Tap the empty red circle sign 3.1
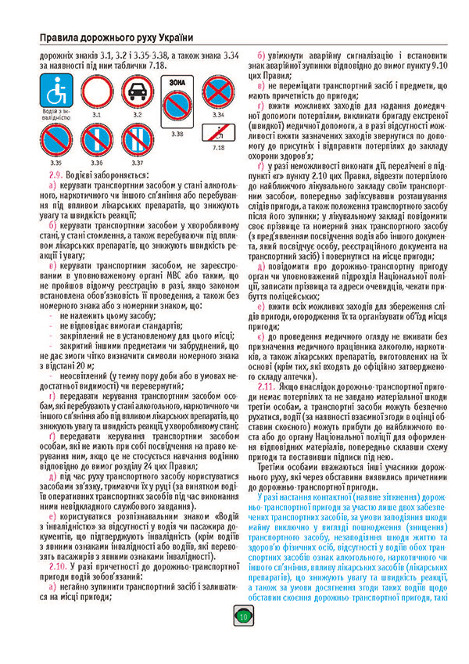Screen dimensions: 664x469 click(96, 92)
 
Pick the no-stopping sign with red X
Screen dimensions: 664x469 click(219, 93)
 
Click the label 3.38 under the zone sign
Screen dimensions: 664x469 click(177, 134)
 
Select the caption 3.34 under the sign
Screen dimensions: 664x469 click(219, 115)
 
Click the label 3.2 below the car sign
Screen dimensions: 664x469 click(136, 115)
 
